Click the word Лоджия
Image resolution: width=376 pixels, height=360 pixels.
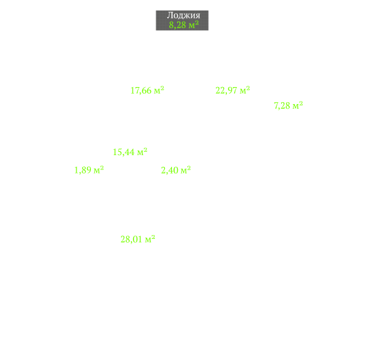(184, 15)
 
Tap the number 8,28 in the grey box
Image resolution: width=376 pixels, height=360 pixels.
(177, 25)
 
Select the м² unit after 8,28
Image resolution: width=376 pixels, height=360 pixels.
(194, 24)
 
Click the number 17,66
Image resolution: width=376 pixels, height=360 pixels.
(141, 90)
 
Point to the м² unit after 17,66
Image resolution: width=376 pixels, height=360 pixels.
(159, 90)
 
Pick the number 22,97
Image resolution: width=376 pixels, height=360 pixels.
(226, 90)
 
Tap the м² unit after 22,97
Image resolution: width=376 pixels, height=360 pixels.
(245, 90)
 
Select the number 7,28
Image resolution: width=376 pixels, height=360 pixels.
(282, 105)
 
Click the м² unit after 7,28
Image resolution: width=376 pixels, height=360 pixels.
(298, 105)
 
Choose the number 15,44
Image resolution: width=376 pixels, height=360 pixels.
(124, 152)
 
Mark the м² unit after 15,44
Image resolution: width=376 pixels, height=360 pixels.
(142, 152)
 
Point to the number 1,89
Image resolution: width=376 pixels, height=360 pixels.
(83, 170)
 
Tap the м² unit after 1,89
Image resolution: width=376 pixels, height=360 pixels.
(99, 170)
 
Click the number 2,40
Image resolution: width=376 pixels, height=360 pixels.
(170, 170)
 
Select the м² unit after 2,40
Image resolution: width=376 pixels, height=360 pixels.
(186, 170)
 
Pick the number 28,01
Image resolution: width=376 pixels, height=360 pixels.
(131, 240)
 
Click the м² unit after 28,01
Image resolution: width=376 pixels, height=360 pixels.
(150, 239)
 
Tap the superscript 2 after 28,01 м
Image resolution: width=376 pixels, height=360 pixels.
(153, 237)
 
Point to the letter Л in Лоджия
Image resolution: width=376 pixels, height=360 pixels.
(170, 15)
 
